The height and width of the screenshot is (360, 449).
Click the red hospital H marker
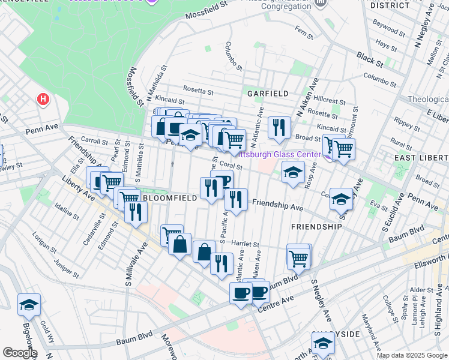(x=43, y=99)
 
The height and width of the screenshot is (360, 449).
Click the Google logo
(x=20, y=352)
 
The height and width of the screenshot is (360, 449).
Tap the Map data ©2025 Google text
(x=412, y=355)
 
